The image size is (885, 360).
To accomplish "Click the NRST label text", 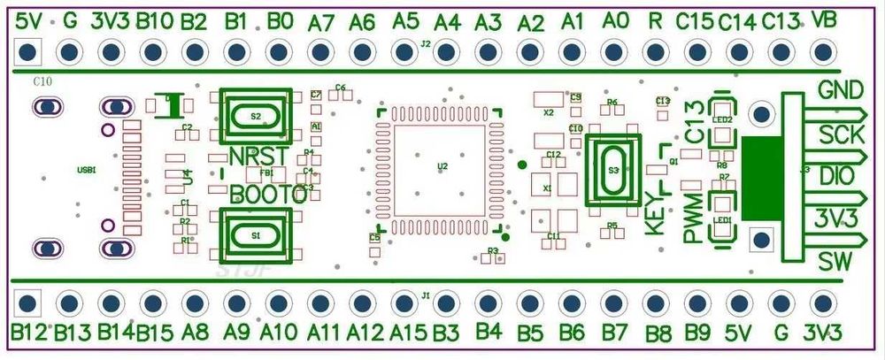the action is pos(257,157).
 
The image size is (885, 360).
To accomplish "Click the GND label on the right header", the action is pos(841,90).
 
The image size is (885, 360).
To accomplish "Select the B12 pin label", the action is pos(29,333).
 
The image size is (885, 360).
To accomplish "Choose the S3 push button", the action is pos(613,170).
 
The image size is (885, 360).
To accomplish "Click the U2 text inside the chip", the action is pos(442,165).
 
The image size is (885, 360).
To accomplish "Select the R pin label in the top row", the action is pos(654,19).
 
